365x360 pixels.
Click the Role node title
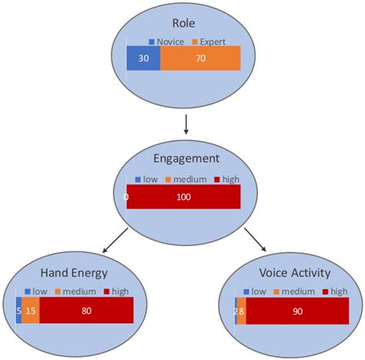[184, 22]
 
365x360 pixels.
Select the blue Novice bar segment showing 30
[144, 58]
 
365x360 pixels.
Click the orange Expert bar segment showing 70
[200, 58]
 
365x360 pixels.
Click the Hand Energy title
[74, 273]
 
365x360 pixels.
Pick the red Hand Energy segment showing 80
[86, 310]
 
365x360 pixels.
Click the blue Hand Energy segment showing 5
[18, 310]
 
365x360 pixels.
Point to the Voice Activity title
[296, 273]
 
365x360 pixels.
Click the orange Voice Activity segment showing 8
[242, 310]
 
